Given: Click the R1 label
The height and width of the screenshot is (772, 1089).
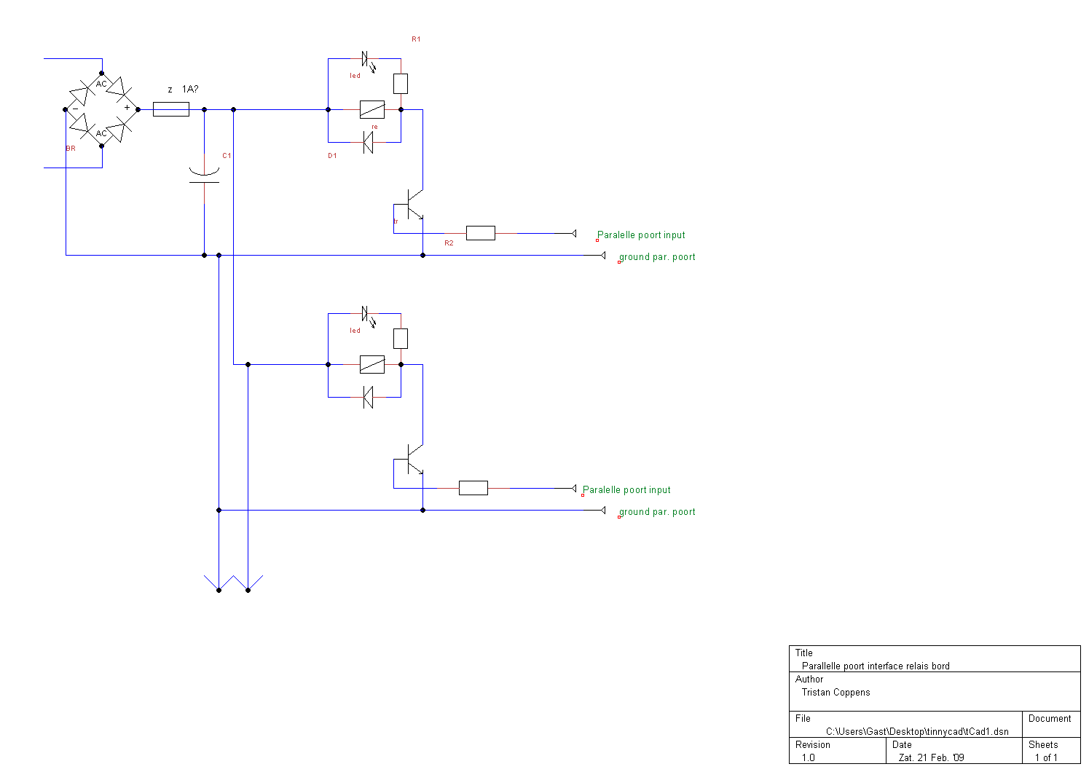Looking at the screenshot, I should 416,39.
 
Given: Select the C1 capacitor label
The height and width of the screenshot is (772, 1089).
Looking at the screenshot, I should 227,156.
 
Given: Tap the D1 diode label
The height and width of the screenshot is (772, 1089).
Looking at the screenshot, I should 332,156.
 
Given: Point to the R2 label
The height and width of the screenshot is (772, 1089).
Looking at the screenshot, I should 449,243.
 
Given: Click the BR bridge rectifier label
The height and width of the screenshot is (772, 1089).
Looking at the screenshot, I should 71,149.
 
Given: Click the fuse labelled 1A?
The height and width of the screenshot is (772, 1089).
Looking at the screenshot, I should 171,109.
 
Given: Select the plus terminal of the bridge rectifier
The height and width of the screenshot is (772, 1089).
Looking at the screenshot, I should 127,108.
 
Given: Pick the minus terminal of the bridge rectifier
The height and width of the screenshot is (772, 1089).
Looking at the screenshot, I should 75,109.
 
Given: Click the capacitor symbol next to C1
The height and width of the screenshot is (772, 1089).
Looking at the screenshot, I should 204,176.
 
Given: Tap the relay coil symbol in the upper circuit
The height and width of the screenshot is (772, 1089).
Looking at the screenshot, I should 372,109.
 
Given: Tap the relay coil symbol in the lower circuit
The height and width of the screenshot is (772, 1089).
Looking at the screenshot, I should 372,364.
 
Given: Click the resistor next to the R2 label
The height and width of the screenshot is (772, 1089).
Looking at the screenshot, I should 480,233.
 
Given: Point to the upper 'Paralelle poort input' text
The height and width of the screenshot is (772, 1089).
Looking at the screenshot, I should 641,235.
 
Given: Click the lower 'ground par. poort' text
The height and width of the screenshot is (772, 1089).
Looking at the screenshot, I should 657,512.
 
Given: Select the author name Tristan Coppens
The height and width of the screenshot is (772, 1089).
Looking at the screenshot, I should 836,693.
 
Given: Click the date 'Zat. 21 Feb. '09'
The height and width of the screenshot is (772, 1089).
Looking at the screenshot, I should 931,757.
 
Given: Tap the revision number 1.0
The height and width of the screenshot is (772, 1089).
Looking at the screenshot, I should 809,757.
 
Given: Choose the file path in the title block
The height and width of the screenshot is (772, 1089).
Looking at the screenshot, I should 917,731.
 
